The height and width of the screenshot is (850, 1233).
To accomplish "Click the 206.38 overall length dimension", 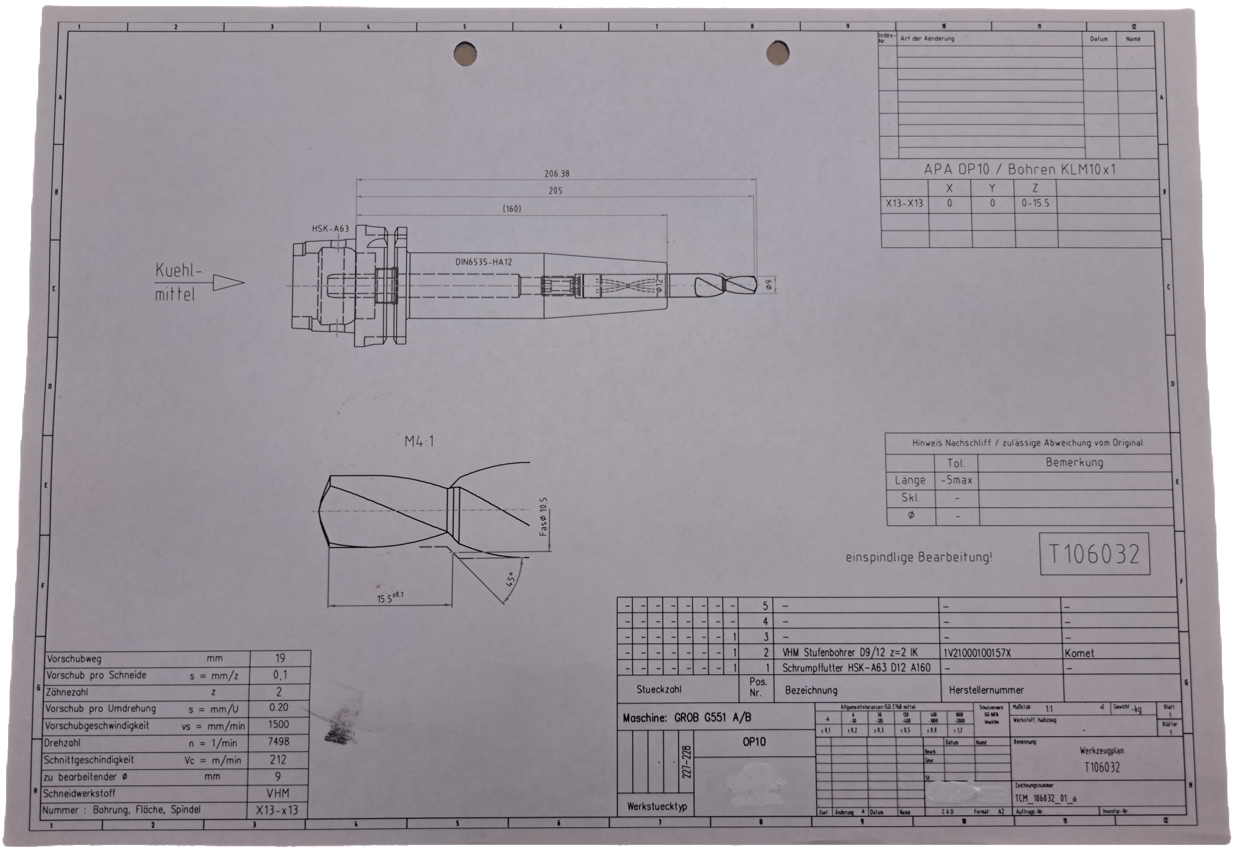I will click(556, 174).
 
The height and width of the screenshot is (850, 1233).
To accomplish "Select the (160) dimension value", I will click(511, 209).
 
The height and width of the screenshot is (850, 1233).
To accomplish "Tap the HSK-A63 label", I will click(330, 229).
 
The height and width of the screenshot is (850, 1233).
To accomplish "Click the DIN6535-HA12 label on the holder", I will click(483, 262).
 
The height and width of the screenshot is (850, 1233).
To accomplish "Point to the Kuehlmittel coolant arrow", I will click(228, 283).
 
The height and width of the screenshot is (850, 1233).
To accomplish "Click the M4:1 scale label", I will click(419, 441).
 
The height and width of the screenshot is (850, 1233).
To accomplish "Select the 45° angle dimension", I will click(510, 579).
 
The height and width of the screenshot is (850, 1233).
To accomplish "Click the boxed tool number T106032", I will click(1094, 554).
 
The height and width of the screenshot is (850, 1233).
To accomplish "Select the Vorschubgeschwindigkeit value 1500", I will click(278, 725).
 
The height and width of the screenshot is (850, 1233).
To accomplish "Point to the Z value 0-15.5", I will click(1035, 203).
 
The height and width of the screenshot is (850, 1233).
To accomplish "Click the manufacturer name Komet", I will click(1079, 653).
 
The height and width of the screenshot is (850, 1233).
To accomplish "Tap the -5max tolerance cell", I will click(956, 480).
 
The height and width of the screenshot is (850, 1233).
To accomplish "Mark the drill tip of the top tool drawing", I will click(754, 285).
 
